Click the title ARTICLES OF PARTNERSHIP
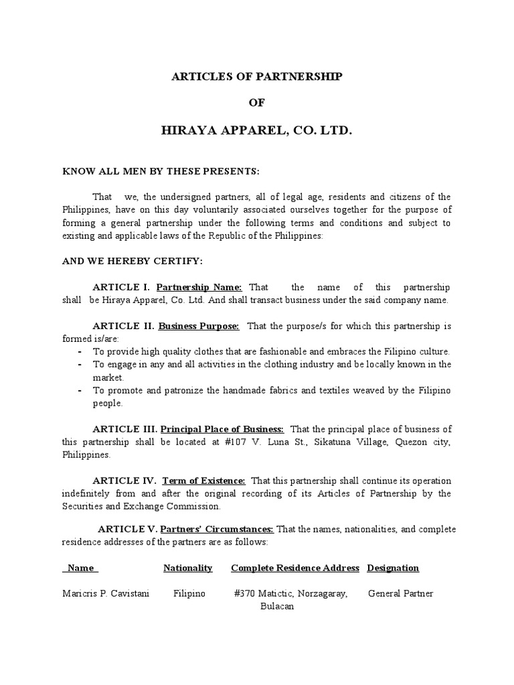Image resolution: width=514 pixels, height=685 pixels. (x=257, y=77)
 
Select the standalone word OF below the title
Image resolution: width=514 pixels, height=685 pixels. (x=257, y=103)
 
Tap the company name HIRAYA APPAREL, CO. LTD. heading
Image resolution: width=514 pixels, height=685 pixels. (x=257, y=130)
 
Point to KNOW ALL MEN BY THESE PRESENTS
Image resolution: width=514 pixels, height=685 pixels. (x=161, y=171)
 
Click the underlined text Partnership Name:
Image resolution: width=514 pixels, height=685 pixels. (x=199, y=287)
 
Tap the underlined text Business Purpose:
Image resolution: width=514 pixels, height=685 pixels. (x=199, y=326)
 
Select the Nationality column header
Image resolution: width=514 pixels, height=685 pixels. (x=188, y=568)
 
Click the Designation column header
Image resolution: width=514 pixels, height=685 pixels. (x=393, y=568)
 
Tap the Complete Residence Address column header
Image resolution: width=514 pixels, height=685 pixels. (x=295, y=568)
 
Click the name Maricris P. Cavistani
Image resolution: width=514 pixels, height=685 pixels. (x=106, y=593)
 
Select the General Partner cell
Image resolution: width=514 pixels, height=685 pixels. (x=401, y=593)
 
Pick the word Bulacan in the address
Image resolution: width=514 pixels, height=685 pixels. (x=277, y=606)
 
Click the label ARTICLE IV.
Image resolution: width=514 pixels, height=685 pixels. (x=124, y=481)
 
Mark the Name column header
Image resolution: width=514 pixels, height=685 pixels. (x=80, y=568)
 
